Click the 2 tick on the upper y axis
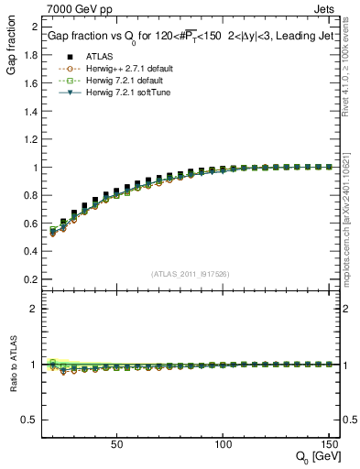(32, 27)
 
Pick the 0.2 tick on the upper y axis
(28, 279)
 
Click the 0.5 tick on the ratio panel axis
(28, 420)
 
